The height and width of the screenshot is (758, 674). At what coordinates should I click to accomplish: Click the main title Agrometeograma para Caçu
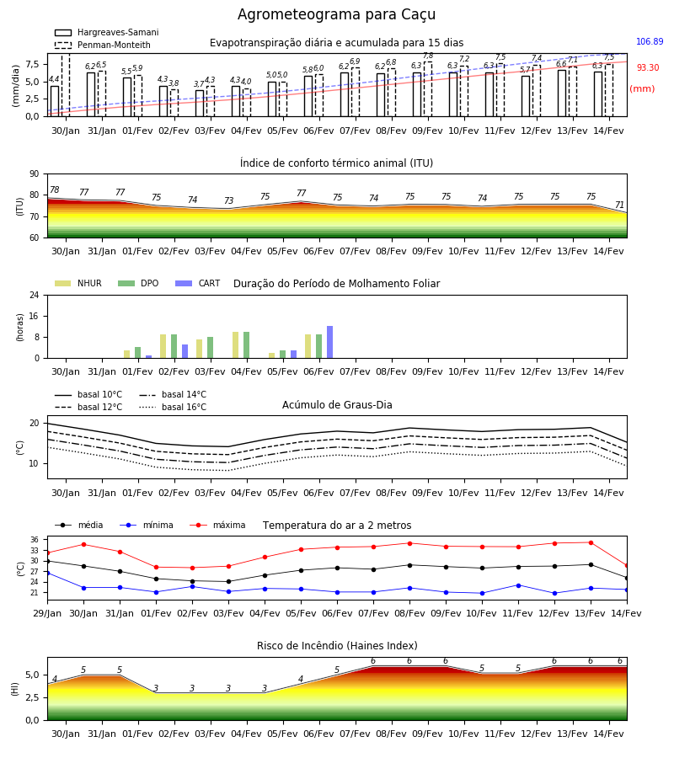point(336,14)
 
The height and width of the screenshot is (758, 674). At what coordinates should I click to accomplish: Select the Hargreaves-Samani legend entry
point(106,32)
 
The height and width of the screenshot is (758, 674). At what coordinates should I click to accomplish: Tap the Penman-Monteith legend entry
point(103,45)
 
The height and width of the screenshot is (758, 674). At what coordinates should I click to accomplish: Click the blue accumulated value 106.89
point(650,41)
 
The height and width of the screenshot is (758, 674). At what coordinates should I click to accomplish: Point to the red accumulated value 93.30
point(647,67)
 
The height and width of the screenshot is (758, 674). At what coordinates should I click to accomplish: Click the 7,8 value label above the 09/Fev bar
point(428,56)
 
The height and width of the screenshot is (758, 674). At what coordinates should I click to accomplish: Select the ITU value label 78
point(55,190)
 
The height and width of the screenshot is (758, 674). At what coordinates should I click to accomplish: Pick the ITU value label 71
point(619,205)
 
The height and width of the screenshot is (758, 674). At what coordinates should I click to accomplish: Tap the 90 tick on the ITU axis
point(35,174)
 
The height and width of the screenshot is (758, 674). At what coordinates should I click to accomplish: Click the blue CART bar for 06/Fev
point(329,342)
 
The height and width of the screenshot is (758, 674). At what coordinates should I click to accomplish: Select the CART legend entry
point(198,283)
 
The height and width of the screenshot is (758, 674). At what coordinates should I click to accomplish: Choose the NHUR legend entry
point(78,283)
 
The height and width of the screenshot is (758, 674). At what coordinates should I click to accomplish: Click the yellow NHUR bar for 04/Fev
point(235,345)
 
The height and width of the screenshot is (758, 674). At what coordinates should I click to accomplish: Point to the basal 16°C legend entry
point(173,407)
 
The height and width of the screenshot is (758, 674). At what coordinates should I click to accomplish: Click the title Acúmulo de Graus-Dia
point(337,405)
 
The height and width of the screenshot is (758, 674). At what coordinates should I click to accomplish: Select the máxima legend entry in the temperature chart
point(217,525)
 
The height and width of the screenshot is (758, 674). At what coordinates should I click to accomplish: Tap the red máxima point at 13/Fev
point(591,543)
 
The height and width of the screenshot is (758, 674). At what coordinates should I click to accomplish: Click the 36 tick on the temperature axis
point(35,540)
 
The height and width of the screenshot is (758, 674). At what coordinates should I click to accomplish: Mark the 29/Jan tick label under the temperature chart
point(47,613)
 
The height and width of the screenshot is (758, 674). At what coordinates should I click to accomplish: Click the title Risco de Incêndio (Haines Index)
point(337,646)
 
